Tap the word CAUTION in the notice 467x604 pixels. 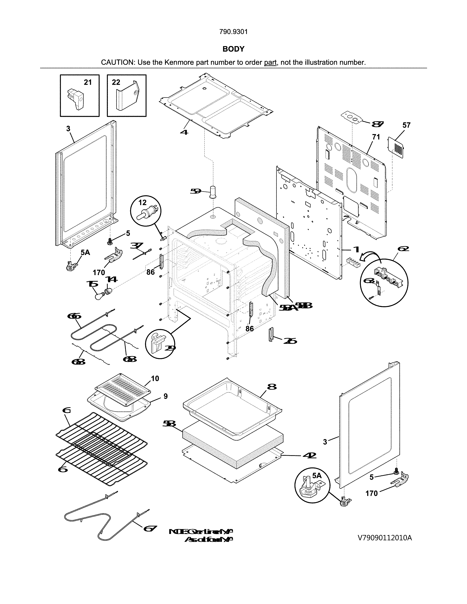point(118,62)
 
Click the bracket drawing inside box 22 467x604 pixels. point(127,97)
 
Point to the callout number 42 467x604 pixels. point(309,455)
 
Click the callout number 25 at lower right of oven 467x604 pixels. point(290,341)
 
